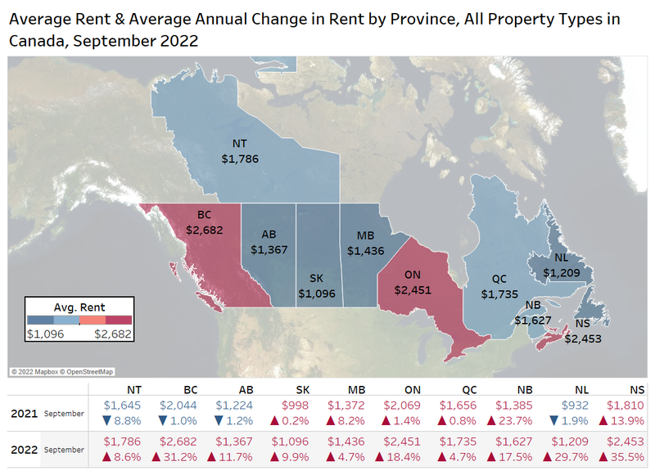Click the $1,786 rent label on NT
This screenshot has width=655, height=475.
pos(240,159)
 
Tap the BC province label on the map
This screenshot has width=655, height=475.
pos(204,215)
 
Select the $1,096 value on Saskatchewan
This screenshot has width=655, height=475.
pos(316,293)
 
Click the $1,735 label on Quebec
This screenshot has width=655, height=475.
pos(499,293)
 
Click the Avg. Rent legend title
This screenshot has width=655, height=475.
pos(79,307)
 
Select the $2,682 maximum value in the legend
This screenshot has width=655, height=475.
pos(112,334)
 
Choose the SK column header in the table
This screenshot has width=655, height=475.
pos(301,390)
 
